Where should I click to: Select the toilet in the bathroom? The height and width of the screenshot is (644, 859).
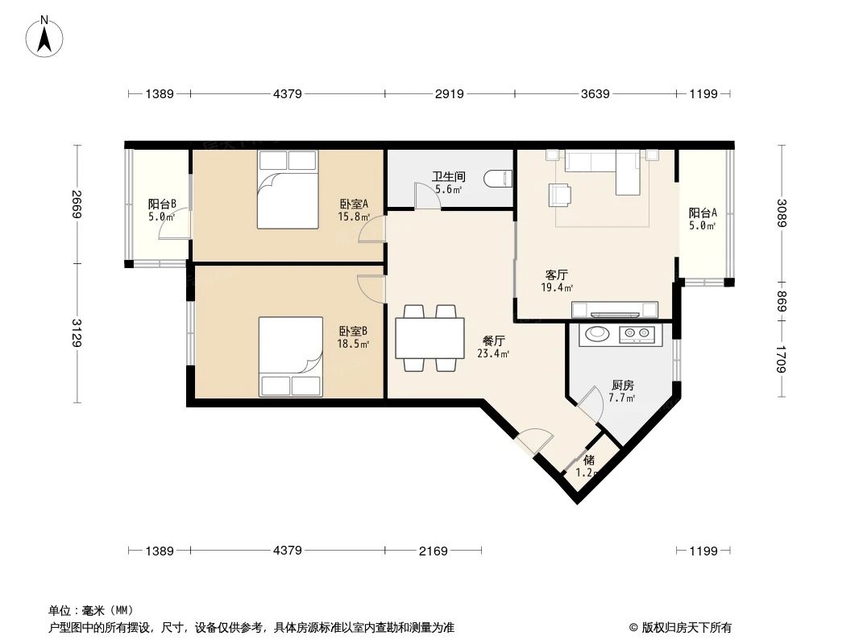point(500,179)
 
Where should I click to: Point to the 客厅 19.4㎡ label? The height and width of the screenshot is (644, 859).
point(558,281)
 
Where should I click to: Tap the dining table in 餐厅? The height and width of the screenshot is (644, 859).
point(429,338)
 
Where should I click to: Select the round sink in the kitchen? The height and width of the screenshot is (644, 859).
point(597,333)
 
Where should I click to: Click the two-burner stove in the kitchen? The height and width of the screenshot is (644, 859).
point(637,334)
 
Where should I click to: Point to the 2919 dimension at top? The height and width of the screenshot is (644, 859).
point(449,94)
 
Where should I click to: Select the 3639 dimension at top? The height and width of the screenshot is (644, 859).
point(595,94)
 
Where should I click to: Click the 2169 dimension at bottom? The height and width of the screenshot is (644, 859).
point(433,551)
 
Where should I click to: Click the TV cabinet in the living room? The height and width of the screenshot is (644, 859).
point(614,309)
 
